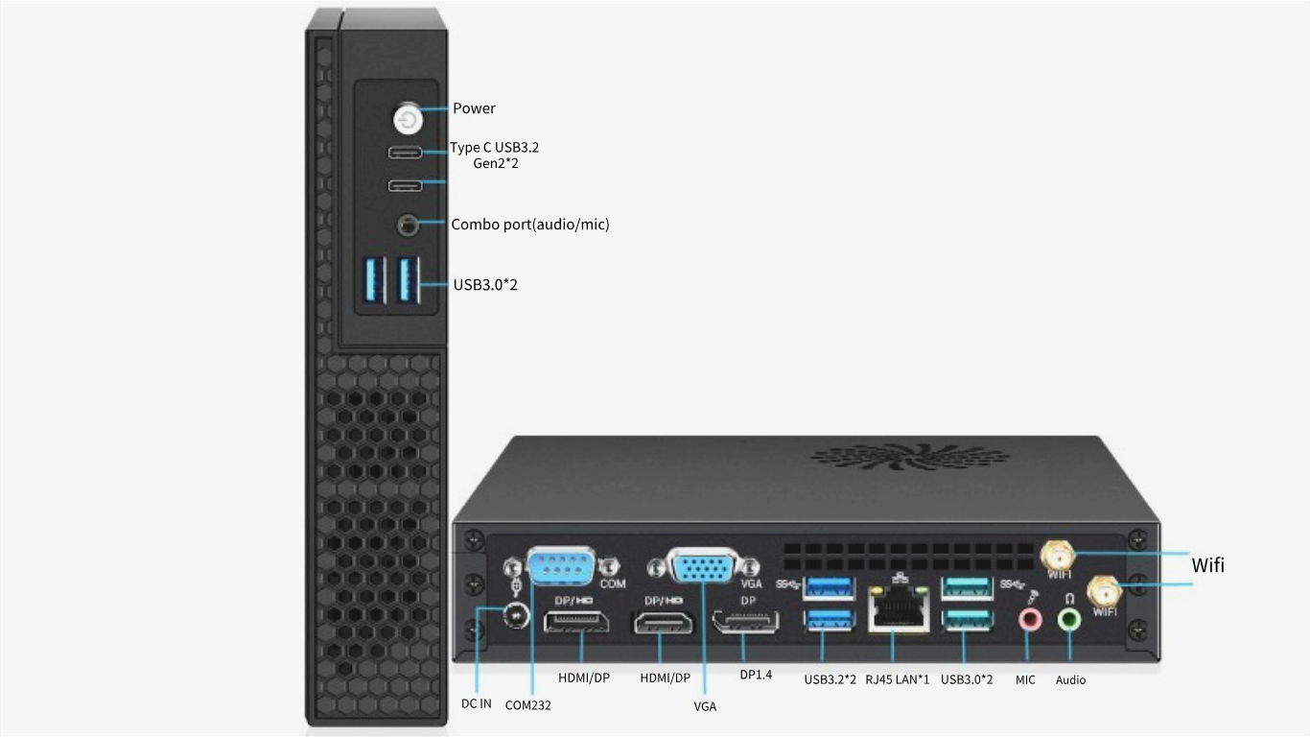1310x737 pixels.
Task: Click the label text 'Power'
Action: click(474, 108)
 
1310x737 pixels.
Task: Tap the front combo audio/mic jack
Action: click(409, 225)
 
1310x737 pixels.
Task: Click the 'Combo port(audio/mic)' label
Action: click(529, 225)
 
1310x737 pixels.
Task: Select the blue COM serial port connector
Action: click(561, 566)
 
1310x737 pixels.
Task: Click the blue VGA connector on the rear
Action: click(702, 566)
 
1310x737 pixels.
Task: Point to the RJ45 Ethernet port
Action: click(899, 609)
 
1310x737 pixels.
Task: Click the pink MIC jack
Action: click(1029, 620)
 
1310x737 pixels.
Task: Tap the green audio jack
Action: click(1069, 620)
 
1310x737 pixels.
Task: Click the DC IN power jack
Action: click(516, 616)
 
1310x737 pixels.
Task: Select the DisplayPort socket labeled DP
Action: click(746, 622)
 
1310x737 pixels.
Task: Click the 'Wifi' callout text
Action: click(1207, 565)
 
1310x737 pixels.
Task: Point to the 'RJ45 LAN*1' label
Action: click(897, 679)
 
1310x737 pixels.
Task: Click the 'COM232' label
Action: click(528, 705)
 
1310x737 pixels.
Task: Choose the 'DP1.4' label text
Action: click(756, 675)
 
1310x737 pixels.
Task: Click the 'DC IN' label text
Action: click(476, 703)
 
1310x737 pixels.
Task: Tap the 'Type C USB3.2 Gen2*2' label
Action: click(495, 155)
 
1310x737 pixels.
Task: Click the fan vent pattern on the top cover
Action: click(909, 457)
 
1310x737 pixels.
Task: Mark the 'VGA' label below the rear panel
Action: click(705, 706)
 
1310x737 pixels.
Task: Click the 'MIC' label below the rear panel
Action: click(1025, 679)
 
